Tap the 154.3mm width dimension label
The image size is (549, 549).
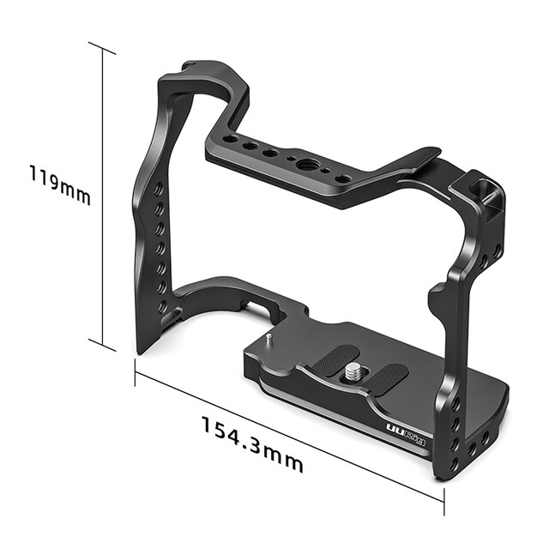[x=252, y=443]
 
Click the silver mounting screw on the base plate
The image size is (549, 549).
[x=353, y=371]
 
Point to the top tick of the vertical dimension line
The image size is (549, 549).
[x=102, y=48]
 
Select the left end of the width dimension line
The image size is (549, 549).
[x=136, y=370]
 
